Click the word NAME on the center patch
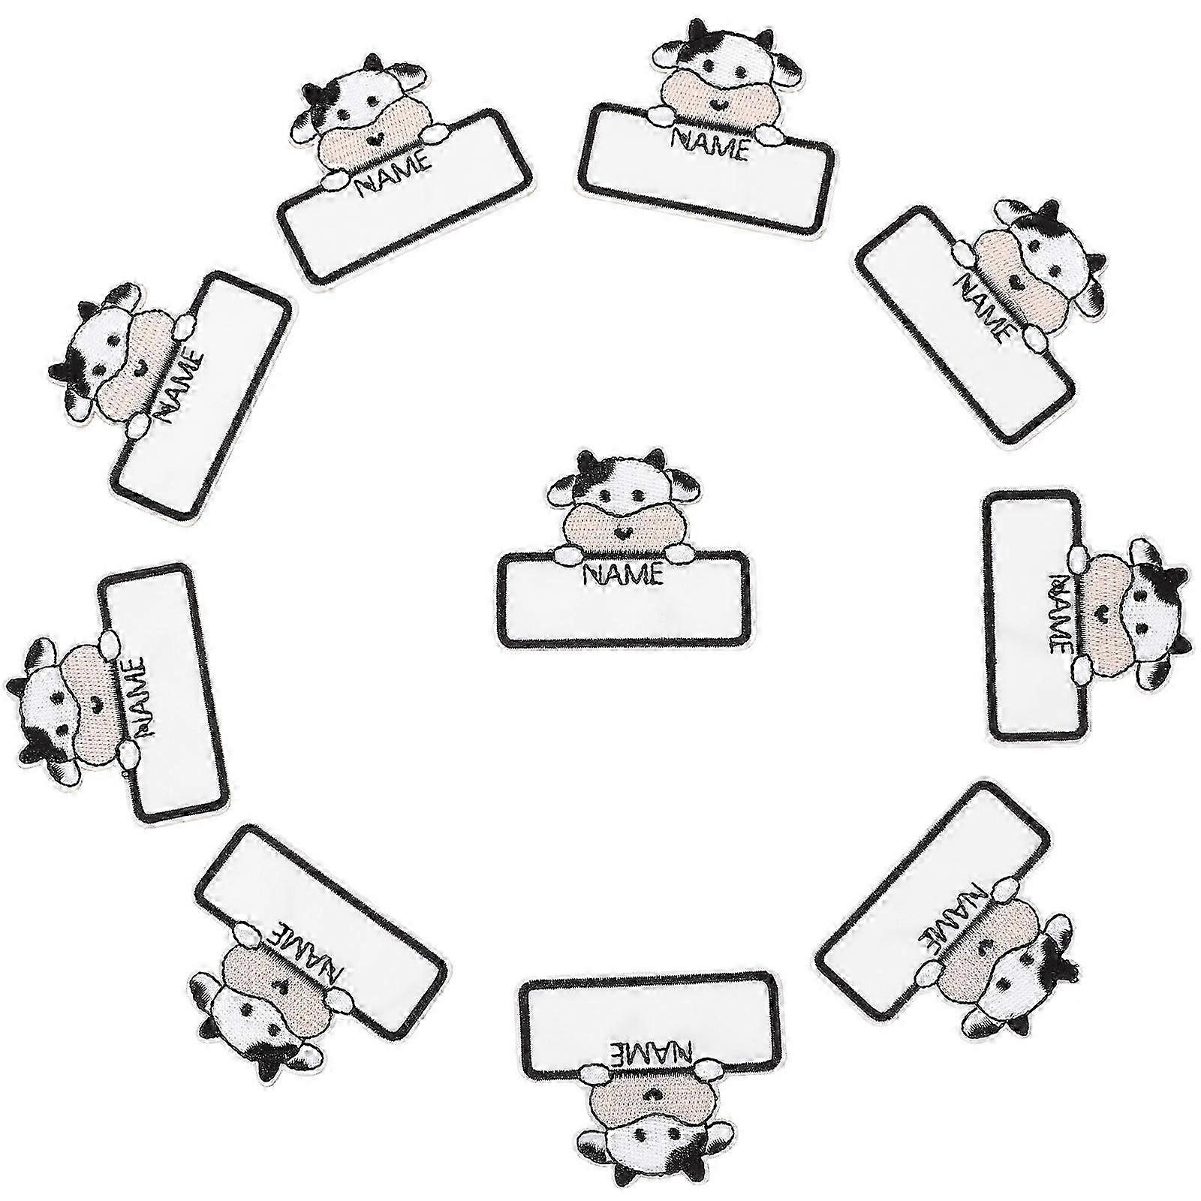pyautogui.click(x=623, y=575)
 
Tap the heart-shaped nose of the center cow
pyautogui.click(x=622, y=532)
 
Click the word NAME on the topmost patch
pyautogui.click(x=710, y=142)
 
